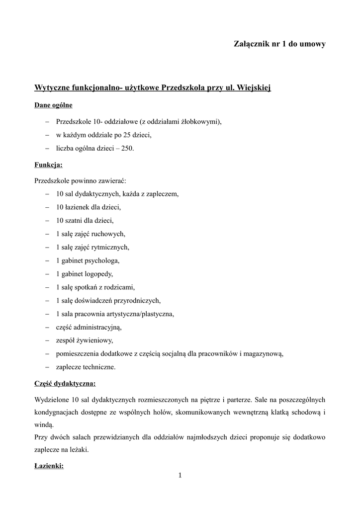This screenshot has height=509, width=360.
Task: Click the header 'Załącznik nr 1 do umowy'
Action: point(279,44)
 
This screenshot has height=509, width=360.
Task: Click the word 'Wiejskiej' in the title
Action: point(253,88)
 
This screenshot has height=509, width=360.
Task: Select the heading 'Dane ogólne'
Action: point(53,105)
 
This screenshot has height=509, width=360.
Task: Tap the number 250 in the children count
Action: point(126,148)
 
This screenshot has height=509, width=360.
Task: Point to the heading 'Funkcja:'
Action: point(48,165)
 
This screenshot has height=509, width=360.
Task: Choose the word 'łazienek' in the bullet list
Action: point(79,207)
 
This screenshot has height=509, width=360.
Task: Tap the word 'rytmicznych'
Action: point(111,247)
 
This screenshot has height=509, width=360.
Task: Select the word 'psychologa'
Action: point(102,260)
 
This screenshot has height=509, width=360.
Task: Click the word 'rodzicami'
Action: point(119,287)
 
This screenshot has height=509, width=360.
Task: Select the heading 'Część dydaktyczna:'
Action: point(65,384)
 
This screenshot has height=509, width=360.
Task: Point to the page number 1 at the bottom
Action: point(180,476)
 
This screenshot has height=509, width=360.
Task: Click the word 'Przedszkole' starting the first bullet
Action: point(74,122)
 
